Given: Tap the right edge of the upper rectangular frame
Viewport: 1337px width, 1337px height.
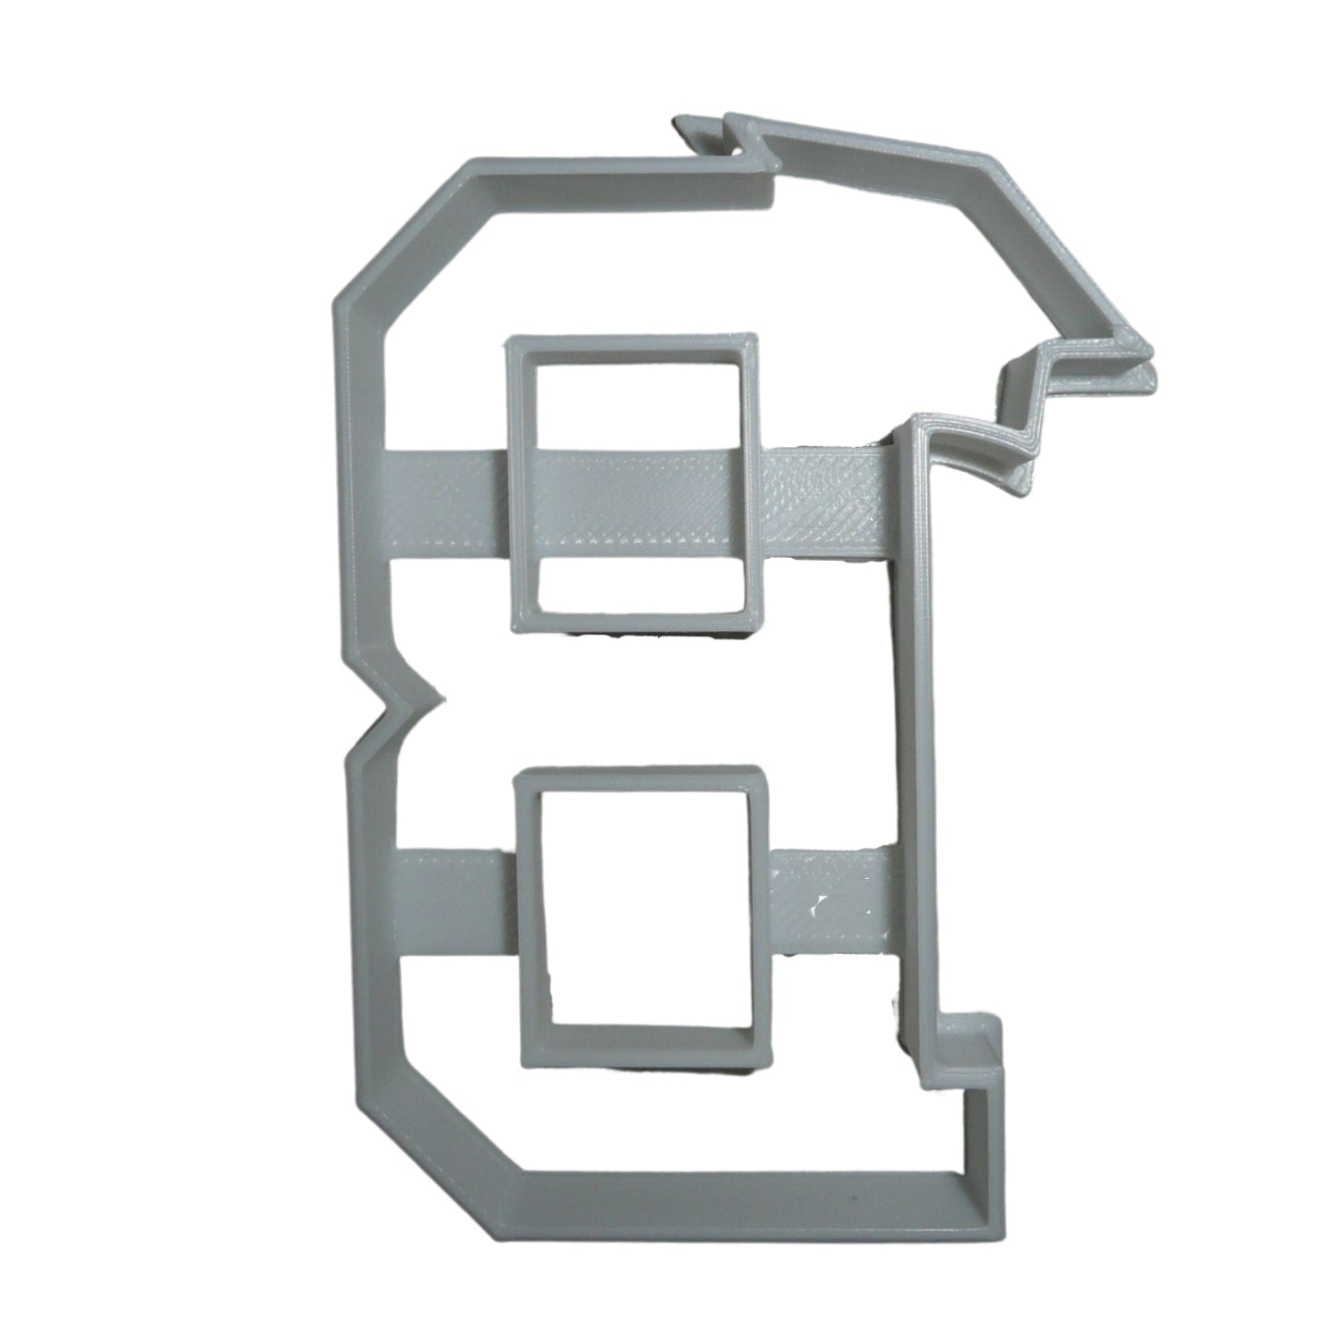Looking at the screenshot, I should pyautogui.click(x=751, y=481).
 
